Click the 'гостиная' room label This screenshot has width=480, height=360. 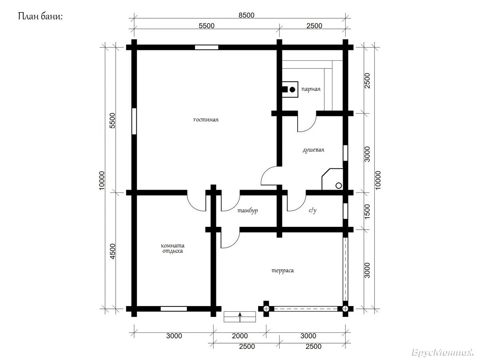click(x=206, y=120)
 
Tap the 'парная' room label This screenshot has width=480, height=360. click(x=311, y=89)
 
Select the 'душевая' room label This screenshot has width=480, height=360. click(x=313, y=150)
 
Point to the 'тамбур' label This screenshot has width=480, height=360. click(x=248, y=211)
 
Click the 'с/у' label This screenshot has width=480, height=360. click(x=312, y=210)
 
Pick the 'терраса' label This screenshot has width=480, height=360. click(x=282, y=271)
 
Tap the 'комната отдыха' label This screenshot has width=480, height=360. click(x=172, y=248)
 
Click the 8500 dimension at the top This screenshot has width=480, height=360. click(x=246, y=15)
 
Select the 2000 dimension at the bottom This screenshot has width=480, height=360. click(x=240, y=336)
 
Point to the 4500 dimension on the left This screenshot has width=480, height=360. click(x=112, y=251)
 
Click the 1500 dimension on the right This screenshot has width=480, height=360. click(x=367, y=211)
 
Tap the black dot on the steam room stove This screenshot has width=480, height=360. click(x=292, y=89)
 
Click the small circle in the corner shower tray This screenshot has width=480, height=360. click(x=338, y=186)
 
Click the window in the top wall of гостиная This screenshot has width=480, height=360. click(x=207, y=48)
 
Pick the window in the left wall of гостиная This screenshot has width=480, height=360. click(x=134, y=121)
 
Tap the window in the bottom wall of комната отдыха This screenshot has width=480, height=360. click(x=174, y=309)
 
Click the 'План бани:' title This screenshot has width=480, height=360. click(x=40, y=16)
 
